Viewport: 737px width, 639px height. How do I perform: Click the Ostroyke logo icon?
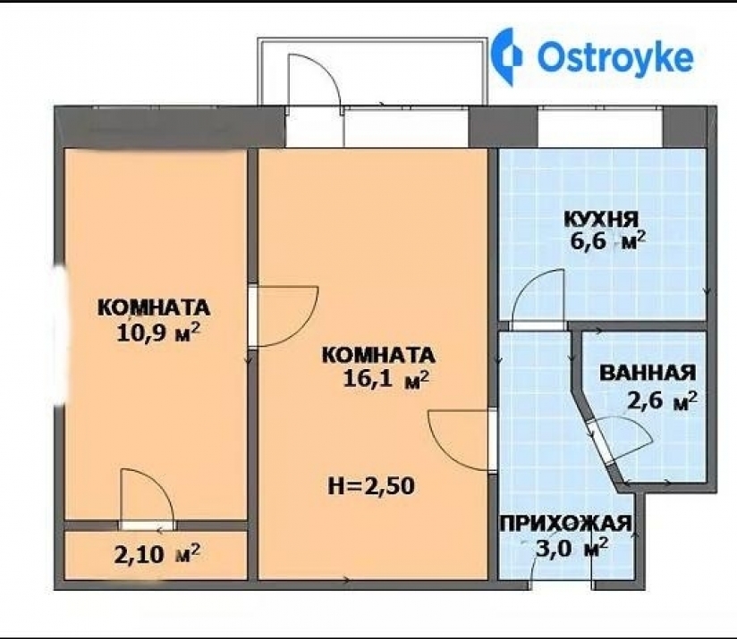pos(510,55)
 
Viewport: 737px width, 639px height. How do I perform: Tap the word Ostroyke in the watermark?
pos(614,56)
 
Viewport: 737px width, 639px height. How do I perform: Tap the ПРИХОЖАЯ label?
pos(566,524)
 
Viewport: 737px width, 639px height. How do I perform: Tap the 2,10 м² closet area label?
pos(157,553)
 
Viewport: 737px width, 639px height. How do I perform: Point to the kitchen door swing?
pos(537,300)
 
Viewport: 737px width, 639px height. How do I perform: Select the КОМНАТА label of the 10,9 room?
pos(154,307)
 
